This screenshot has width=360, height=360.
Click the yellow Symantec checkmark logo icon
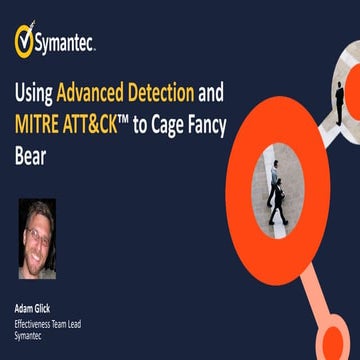coord(24,41)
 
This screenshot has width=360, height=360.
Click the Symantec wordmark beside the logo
coord(66,43)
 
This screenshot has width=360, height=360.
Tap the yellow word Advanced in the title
coord(95,95)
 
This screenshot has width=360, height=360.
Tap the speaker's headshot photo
coord(37,238)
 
